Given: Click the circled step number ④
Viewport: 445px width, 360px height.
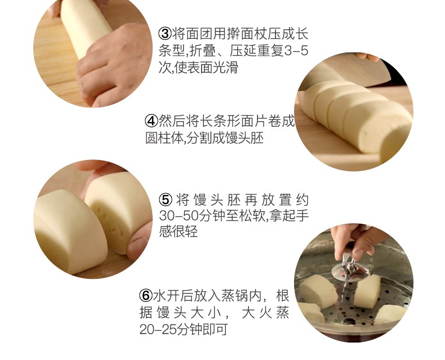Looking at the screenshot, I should pos(152,121).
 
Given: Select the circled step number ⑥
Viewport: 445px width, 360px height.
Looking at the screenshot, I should pos(145,295).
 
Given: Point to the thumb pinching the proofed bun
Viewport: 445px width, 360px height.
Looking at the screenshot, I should pos(135,245).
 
